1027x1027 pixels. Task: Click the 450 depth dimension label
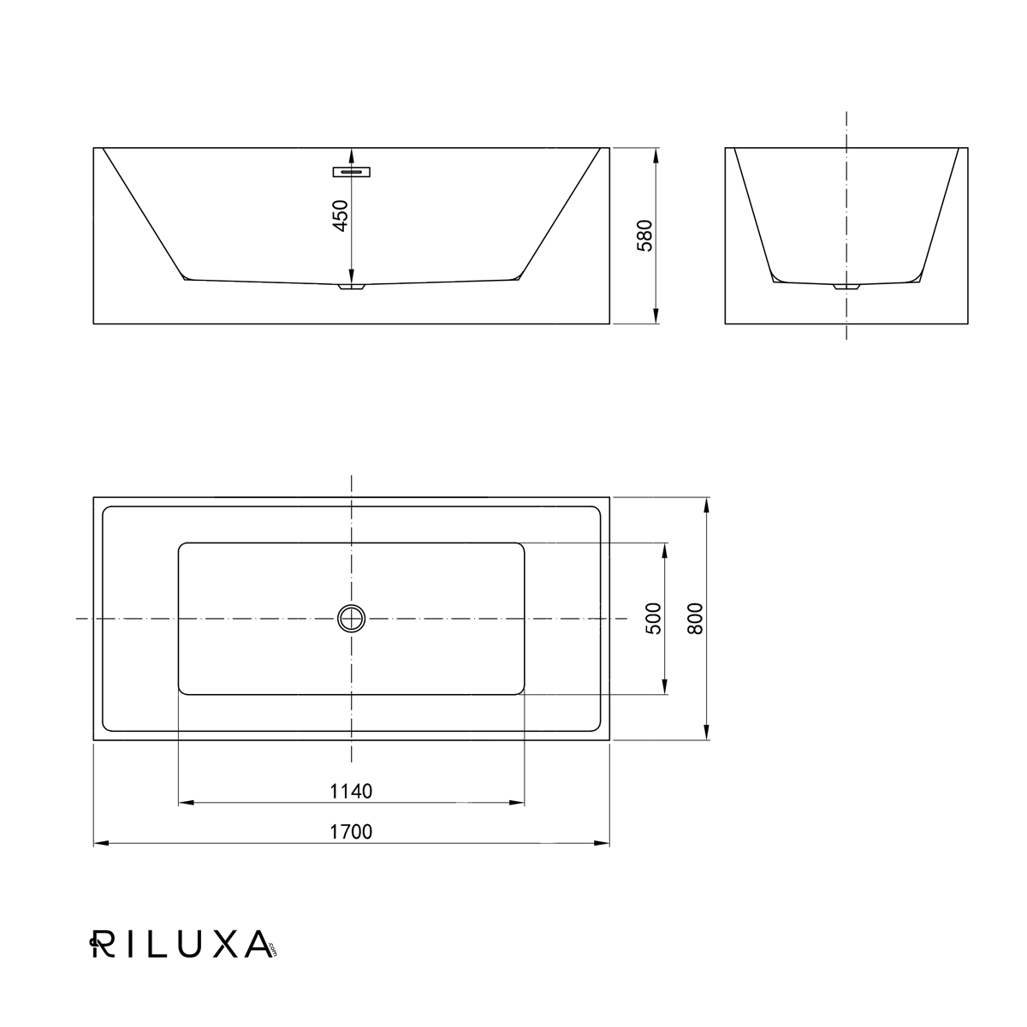[340, 216]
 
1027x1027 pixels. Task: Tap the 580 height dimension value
[645, 235]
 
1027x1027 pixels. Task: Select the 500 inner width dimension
[653, 619]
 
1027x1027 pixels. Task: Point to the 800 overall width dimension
[696, 619]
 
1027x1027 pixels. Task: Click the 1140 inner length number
[351, 792]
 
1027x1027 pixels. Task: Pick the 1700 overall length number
[351, 832]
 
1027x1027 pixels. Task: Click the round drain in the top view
[351, 619]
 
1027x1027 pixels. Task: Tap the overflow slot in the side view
[352, 172]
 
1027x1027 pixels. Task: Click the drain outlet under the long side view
[352, 287]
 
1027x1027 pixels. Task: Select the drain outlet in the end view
[847, 287]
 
